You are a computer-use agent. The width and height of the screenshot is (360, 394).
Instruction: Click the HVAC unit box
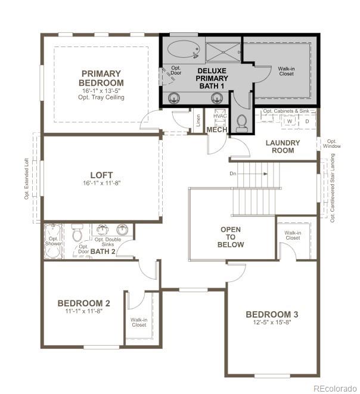coord(220,116)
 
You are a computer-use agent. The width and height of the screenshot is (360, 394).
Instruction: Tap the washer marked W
coord(290,121)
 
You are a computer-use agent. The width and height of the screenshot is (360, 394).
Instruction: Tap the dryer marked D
coord(307,121)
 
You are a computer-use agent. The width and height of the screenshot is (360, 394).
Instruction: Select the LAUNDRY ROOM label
coord(283,147)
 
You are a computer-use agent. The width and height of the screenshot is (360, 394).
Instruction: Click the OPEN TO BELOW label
coord(231,237)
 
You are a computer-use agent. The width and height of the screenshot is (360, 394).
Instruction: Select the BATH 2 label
coord(103,252)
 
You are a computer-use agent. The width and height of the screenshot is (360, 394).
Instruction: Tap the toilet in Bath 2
coord(77,234)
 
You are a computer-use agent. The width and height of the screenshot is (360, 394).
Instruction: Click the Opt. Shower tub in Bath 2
coord(53,241)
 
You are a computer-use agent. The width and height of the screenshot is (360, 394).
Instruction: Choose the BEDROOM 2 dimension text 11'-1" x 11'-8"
coord(84,311)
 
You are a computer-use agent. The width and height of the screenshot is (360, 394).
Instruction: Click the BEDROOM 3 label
coord(272,314)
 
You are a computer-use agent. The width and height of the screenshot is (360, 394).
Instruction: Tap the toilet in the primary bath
coord(241,123)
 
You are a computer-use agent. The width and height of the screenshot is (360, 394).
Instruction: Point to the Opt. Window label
coord(332,144)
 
